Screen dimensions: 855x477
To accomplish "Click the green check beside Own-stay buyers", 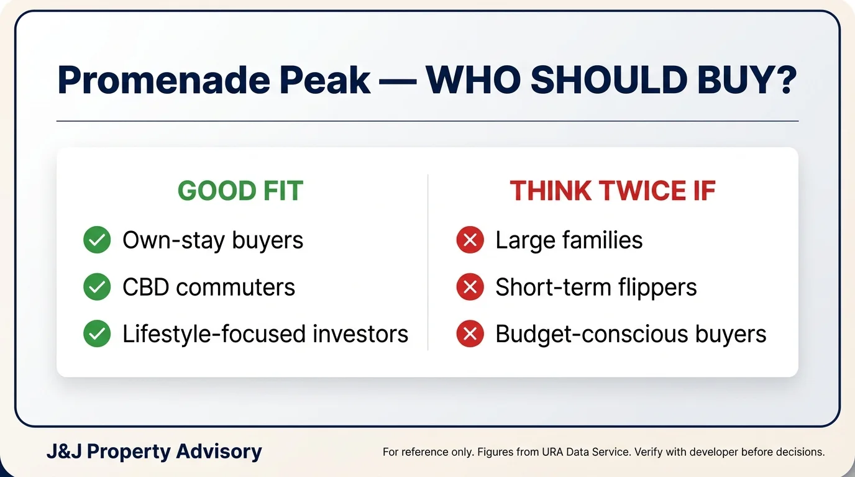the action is (x=97, y=240).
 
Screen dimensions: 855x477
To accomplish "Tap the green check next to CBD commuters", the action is (x=97, y=286).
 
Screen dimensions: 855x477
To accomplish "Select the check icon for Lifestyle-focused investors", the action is (x=97, y=334).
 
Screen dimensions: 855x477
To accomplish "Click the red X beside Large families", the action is (x=470, y=240).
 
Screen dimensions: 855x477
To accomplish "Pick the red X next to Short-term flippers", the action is (x=470, y=286).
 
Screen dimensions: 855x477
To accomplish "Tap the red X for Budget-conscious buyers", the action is (x=470, y=334).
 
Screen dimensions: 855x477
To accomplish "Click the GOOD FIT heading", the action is (x=240, y=191).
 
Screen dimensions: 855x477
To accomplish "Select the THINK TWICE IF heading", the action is (x=613, y=191).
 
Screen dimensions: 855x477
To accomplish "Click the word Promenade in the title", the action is (x=164, y=80).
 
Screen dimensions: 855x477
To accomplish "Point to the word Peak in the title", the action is (x=325, y=80).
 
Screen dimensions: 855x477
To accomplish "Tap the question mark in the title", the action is (x=786, y=79).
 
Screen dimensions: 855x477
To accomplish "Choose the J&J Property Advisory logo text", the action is (x=154, y=452).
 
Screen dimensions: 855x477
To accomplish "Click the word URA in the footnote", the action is (x=552, y=452).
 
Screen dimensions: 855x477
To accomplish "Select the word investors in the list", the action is (x=360, y=334).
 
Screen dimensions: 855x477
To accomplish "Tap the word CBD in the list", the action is (x=146, y=287).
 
